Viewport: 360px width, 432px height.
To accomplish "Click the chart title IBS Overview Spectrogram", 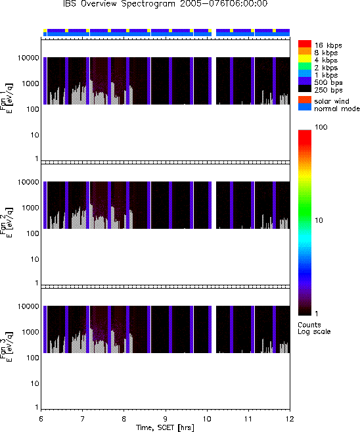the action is (119, 3).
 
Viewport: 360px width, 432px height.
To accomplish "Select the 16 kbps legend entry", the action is (320, 45).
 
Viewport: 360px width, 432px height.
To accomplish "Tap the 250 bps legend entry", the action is (321, 89).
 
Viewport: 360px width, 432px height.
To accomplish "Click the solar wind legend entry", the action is (324, 101).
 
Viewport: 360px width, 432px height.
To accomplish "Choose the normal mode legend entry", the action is (329, 108).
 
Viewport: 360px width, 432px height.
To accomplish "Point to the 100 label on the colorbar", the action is (321, 127).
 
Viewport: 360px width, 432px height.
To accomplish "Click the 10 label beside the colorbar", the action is (319, 220).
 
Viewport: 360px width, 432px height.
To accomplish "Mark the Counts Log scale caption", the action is (314, 328).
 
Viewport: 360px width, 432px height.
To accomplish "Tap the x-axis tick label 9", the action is (166, 419).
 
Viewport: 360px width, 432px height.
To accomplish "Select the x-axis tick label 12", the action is (290, 419).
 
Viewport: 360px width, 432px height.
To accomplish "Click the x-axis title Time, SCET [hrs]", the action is (165, 427).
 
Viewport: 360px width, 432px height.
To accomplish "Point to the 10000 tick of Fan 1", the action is (28, 58).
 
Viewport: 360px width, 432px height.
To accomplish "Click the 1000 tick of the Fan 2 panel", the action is (30, 208).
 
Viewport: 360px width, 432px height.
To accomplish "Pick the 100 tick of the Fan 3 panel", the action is (32, 358).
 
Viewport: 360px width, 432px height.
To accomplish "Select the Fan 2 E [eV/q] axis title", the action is (7, 222).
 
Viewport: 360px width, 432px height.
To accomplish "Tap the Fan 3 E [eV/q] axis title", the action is (7, 346).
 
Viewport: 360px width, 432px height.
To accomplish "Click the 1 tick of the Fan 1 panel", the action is (37, 158).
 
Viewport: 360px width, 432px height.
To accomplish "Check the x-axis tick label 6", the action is (41, 419).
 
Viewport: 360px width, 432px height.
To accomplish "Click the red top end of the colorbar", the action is (305, 132).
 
